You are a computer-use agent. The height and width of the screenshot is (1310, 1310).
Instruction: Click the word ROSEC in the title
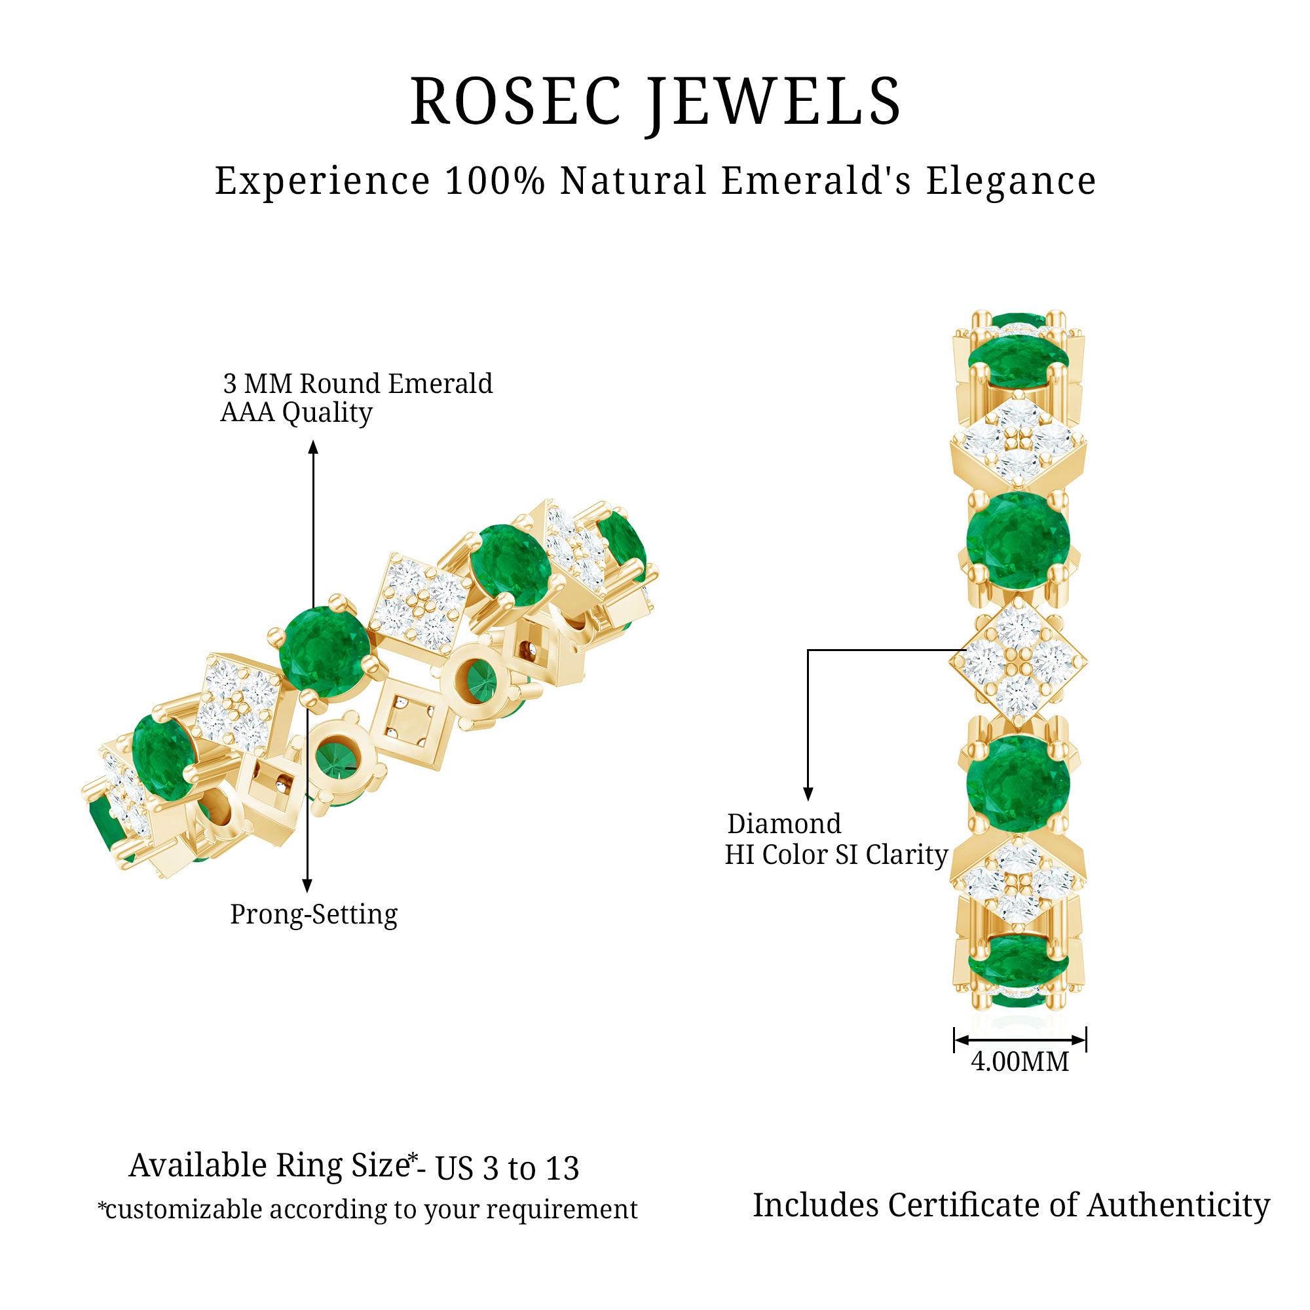tap(515, 102)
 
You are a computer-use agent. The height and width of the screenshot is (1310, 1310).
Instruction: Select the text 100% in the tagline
tap(495, 181)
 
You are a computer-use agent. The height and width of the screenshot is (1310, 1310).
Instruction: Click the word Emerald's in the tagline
tap(816, 181)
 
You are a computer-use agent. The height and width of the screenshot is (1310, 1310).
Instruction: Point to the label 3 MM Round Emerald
tap(358, 384)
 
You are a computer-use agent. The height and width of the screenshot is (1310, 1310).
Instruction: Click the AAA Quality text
tap(296, 412)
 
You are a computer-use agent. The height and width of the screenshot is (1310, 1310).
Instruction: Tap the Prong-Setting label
tap(313, 914)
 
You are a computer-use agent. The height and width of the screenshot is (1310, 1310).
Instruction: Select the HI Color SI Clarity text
tap(836, 854)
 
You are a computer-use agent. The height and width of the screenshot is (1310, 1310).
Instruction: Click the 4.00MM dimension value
tap(1020, 1061)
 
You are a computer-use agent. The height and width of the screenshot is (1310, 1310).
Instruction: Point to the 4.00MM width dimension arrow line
tap(1020, 1039)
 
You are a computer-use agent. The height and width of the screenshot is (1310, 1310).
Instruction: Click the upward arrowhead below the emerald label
tap(312, 447)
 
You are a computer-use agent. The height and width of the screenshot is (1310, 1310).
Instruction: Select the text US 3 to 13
tap(507, 1169)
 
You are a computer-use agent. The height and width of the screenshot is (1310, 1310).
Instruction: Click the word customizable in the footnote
tap(183, 1210)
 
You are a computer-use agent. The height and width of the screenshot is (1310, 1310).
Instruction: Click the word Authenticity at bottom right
tap(1178, 1206)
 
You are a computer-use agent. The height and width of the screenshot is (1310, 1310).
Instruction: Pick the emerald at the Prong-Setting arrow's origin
tap(324, 653)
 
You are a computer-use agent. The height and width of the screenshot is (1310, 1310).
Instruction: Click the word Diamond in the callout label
tap(784, 824)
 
